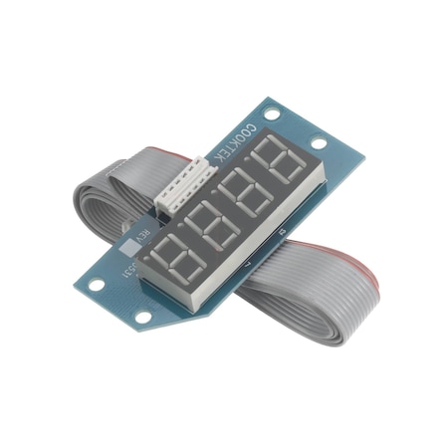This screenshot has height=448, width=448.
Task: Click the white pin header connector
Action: click(182, 189)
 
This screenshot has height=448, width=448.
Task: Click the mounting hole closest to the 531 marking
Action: click(97, 285)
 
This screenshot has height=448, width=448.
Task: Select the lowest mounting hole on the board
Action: click(142, 318)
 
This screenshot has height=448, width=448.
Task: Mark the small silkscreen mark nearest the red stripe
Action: click(282, 233)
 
